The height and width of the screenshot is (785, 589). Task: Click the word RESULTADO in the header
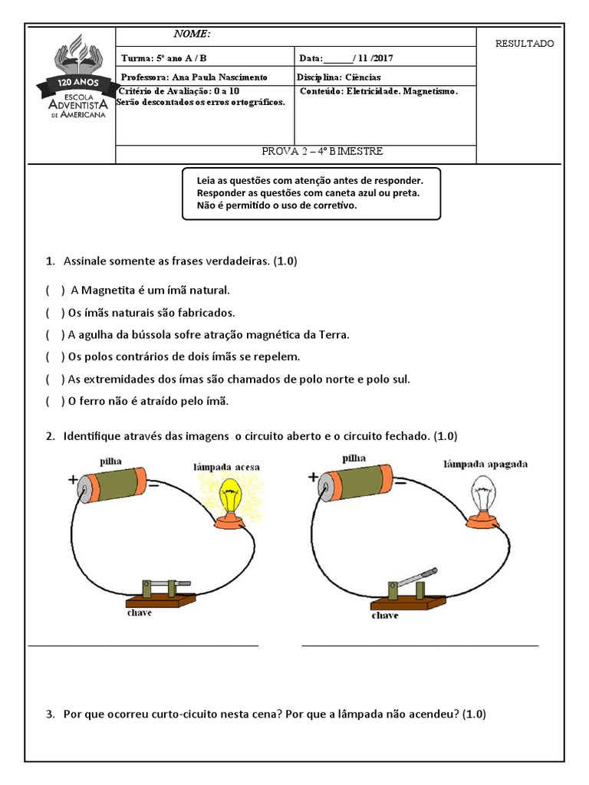coord(525,44)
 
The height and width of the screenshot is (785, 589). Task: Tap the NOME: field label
coord(192,34)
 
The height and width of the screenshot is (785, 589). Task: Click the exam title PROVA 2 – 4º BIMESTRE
coord(322,152)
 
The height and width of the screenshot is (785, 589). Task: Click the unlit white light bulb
coord(483,494)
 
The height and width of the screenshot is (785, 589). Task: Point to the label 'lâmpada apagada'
coord(485,465)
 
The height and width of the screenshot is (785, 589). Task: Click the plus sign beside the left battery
coord(74,480)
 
